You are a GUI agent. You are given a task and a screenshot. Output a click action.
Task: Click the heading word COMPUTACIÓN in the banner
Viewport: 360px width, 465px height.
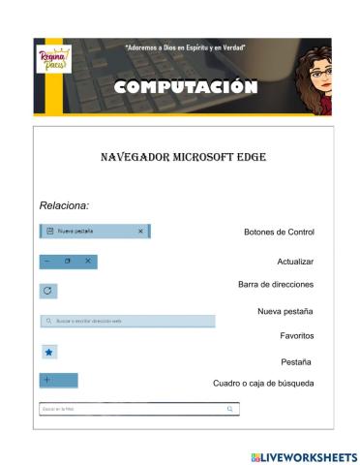(x=186, y=88)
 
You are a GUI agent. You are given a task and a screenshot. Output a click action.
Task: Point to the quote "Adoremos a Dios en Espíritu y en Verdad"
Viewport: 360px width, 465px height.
(x=184, y=47)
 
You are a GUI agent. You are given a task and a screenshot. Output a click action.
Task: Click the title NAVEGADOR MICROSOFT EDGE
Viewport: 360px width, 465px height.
(x=183, y=157)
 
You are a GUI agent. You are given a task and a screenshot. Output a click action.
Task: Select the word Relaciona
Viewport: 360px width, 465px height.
(x=64, y=205)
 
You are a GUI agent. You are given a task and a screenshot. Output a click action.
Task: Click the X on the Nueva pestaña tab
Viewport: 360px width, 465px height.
(x=140, y=232)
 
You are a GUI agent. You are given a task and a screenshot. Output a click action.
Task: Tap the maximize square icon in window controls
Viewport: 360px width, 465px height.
(x=67, y=262)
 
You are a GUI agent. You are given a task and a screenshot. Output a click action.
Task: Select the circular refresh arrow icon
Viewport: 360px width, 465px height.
(x=48, y=291)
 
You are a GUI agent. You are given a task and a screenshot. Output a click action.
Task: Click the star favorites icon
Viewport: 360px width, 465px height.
(x=48, y=353)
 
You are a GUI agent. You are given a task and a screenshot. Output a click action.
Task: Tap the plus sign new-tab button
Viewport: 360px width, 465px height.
(x=47, y=380)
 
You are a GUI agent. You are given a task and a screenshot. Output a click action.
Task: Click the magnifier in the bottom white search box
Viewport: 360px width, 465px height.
(x=229, y=410)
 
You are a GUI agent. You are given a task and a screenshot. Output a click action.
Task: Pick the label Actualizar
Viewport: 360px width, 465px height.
(x=295, y=262)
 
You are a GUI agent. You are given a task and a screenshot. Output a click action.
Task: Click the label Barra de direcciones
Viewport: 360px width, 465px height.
(x=276, y=285)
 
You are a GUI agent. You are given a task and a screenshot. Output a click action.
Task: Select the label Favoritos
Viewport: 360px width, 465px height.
(x=296, y=335)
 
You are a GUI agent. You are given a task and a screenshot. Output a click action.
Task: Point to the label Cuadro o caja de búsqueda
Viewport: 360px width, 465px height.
(x=263, y=384)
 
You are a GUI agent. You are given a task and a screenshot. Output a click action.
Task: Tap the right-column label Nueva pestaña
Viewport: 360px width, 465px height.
(x=285, y=311)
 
